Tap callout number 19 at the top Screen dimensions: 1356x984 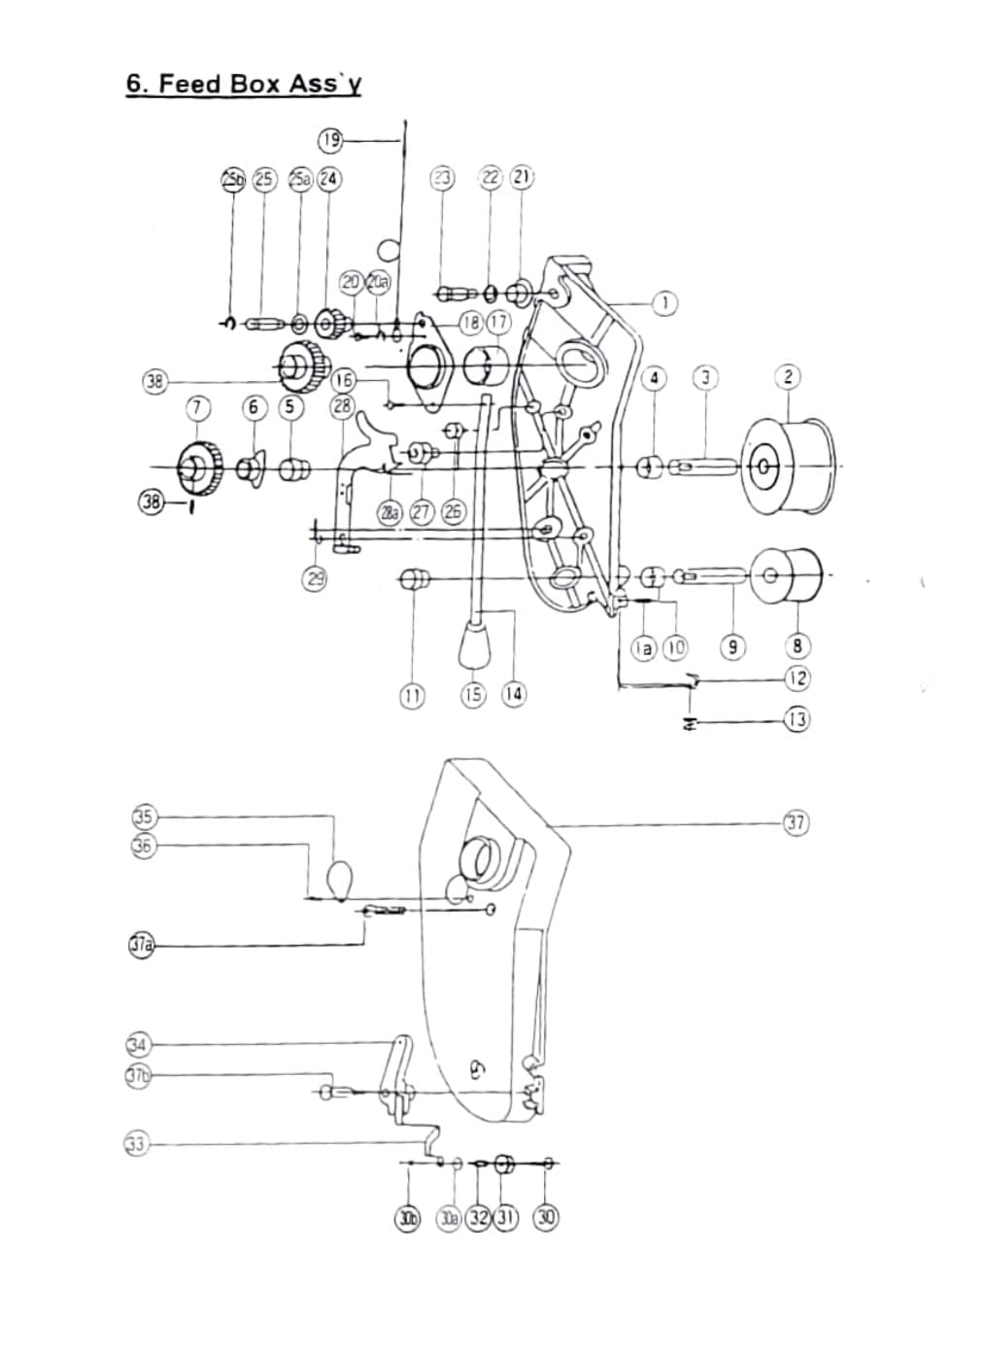pos(330,140)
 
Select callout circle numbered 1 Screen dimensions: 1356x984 pos(664,302)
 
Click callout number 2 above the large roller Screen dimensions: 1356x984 pos(788,376)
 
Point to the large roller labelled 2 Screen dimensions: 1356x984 pos(789,468)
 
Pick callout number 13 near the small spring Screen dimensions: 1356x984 pos(797,720)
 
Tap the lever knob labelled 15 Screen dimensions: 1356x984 pos(473,644)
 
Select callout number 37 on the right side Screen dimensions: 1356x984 pos(796,823)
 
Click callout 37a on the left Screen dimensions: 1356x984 pos(142,944)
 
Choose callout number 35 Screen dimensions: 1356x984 pos(144,817)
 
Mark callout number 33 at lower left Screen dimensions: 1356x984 pos(136,1144)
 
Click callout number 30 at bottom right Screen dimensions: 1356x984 pos(547,1217)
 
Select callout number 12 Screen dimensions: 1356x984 pos(797,678)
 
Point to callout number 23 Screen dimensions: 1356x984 pos(442,177)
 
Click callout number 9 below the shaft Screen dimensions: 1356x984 pos(732,646)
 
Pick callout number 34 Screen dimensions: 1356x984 pos(138,1045)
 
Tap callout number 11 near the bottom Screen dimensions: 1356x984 pos(413,694)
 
